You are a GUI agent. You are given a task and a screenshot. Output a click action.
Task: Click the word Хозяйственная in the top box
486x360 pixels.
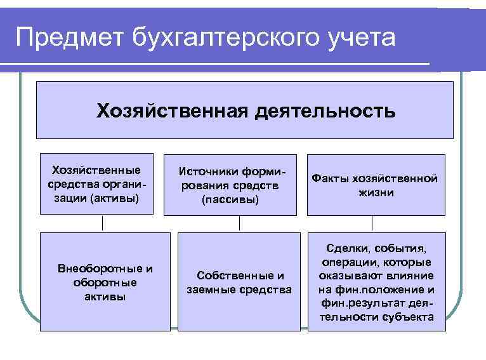pos(170,111)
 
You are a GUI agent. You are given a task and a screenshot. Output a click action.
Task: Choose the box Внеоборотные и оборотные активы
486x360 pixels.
pos(105,281)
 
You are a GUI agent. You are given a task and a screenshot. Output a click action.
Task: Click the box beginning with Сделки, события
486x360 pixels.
pos(376,281)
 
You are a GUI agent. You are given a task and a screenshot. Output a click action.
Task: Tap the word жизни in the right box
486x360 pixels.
pos(375,192)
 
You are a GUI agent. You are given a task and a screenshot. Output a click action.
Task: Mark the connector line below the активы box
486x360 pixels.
pos(103,223)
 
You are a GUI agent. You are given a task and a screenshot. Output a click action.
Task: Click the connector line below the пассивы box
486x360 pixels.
pos(239,223)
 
